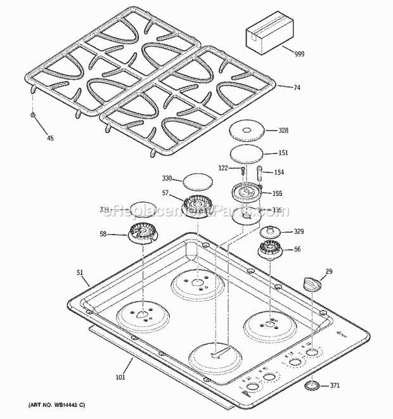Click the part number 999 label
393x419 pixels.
pos(299,55)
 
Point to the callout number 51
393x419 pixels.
pos(81,273)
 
